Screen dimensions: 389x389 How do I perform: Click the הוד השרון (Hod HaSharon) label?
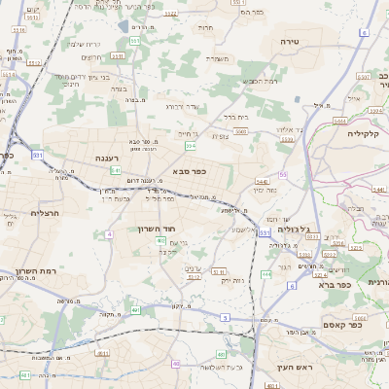tap(158, 230)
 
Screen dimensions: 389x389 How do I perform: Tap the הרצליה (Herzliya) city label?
tap(46, 212)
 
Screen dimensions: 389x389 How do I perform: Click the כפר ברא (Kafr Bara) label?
tap(334, 285)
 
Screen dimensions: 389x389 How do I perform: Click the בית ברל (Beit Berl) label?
tap(236, 116)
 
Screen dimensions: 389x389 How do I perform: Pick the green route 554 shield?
tap(190, 145)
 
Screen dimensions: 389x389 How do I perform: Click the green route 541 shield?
tap(116, 170)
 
